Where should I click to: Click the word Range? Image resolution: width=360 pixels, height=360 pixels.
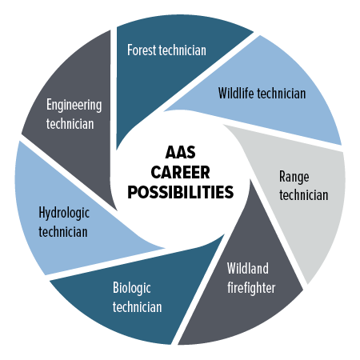pyautogui.click(x=294, y=177)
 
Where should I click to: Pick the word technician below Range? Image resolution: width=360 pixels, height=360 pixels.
pyautogui.click(x=304, y=194)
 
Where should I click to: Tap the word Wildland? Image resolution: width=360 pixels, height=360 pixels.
pyautogui.click(x=248, y=268)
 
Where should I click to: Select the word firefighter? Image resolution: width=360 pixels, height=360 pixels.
pyautogui.click(x=251, y=288)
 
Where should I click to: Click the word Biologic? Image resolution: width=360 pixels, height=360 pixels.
pyautogui.click(x=132, y=288)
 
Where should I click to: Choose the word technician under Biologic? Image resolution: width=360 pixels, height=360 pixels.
pyautogui.click(x=137, y=306)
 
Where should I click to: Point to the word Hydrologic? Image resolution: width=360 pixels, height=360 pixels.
pyautogui.click(x=64, y=214)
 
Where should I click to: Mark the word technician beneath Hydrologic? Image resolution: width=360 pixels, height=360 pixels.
pyautogui.click(x=63, y=232)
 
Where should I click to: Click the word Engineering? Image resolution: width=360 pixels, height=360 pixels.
pyautogui.click(x=74, y=105)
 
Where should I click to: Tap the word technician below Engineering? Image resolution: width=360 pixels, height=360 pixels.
pyautogui.click(x=70, y=124)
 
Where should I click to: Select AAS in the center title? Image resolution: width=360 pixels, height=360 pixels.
pyautogui.click(x=180, y=153)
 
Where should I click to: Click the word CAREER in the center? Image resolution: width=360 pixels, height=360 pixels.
pyautogui.click(x=180, y=172)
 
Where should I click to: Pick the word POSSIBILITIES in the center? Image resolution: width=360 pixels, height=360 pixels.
pyautogui.click(x=181, y=192)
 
